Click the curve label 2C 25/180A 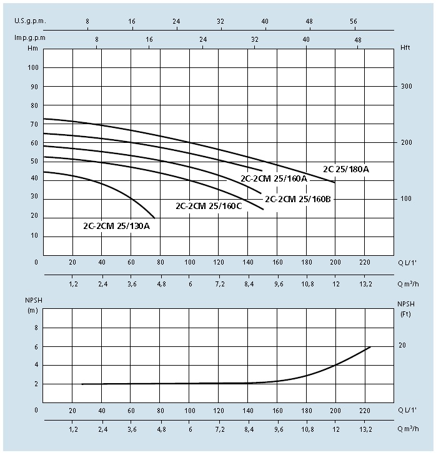point(346,169)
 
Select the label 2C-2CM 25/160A point(274,178)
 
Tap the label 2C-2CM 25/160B point(299,200)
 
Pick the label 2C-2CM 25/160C point(209,206)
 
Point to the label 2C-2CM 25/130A point(117,225)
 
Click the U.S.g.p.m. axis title point(30,21)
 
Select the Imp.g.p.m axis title point(29,38)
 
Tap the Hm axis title point(32,47)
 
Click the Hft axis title point(404,47)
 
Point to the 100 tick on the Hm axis point(34,67)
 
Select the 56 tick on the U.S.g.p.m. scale point(354,21)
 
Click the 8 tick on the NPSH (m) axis point(36,327)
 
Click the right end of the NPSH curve point(370,347)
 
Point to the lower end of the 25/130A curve point(154,218)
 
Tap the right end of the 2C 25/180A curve point(335,183)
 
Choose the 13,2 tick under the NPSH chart point(366,430)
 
